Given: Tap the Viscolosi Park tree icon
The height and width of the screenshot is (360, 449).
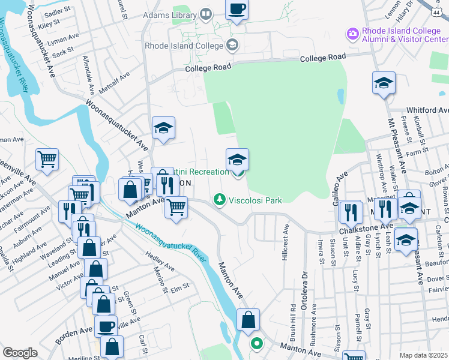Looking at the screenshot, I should [220, 199].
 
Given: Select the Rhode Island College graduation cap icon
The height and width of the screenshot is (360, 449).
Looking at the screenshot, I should [232, 44].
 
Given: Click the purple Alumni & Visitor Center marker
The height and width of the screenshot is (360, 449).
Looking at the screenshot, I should [352, 32].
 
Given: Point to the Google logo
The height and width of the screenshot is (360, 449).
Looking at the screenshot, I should [20, 353].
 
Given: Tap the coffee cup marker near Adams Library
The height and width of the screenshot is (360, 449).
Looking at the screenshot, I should [237, 10].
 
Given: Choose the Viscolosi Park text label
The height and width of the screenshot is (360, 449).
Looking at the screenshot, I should [255, 200].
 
